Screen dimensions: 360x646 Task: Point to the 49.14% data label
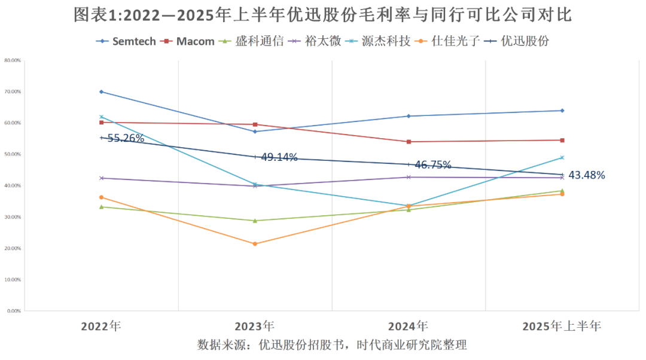pos(279,157)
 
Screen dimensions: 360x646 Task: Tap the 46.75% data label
pos(432,165)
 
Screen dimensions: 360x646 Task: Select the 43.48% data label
pos(586,175)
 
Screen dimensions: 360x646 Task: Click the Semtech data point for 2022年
pos(102,91)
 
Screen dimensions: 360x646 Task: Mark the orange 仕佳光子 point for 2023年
pos(255,244)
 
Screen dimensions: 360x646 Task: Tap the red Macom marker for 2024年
pos(409,142)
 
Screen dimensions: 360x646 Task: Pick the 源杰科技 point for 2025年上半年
pos(562,157)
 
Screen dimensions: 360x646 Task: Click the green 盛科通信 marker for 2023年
pos(255,221)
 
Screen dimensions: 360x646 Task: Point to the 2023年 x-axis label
pos(255,327)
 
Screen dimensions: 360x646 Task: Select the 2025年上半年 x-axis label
pos(562,327)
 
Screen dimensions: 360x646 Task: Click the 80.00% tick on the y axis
pos(13,60)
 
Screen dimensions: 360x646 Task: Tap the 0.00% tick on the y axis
pos(14,311)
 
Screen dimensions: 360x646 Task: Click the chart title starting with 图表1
pos(323,15)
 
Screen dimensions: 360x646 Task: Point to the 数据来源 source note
pos(332,345)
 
